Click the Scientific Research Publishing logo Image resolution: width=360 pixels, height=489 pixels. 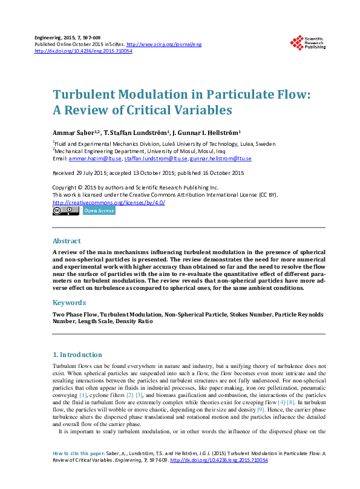[308, 42]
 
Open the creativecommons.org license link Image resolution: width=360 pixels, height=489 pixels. [109, 202]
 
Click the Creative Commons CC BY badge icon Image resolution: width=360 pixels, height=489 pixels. [65, 211]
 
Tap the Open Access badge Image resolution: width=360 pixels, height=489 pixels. [98, 211]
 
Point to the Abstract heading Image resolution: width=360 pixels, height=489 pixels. [67, 241]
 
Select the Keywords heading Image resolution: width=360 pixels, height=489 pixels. [69, 302]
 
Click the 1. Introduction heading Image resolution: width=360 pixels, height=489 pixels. [77, 355]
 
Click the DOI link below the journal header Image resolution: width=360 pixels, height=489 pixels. [83, 51]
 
